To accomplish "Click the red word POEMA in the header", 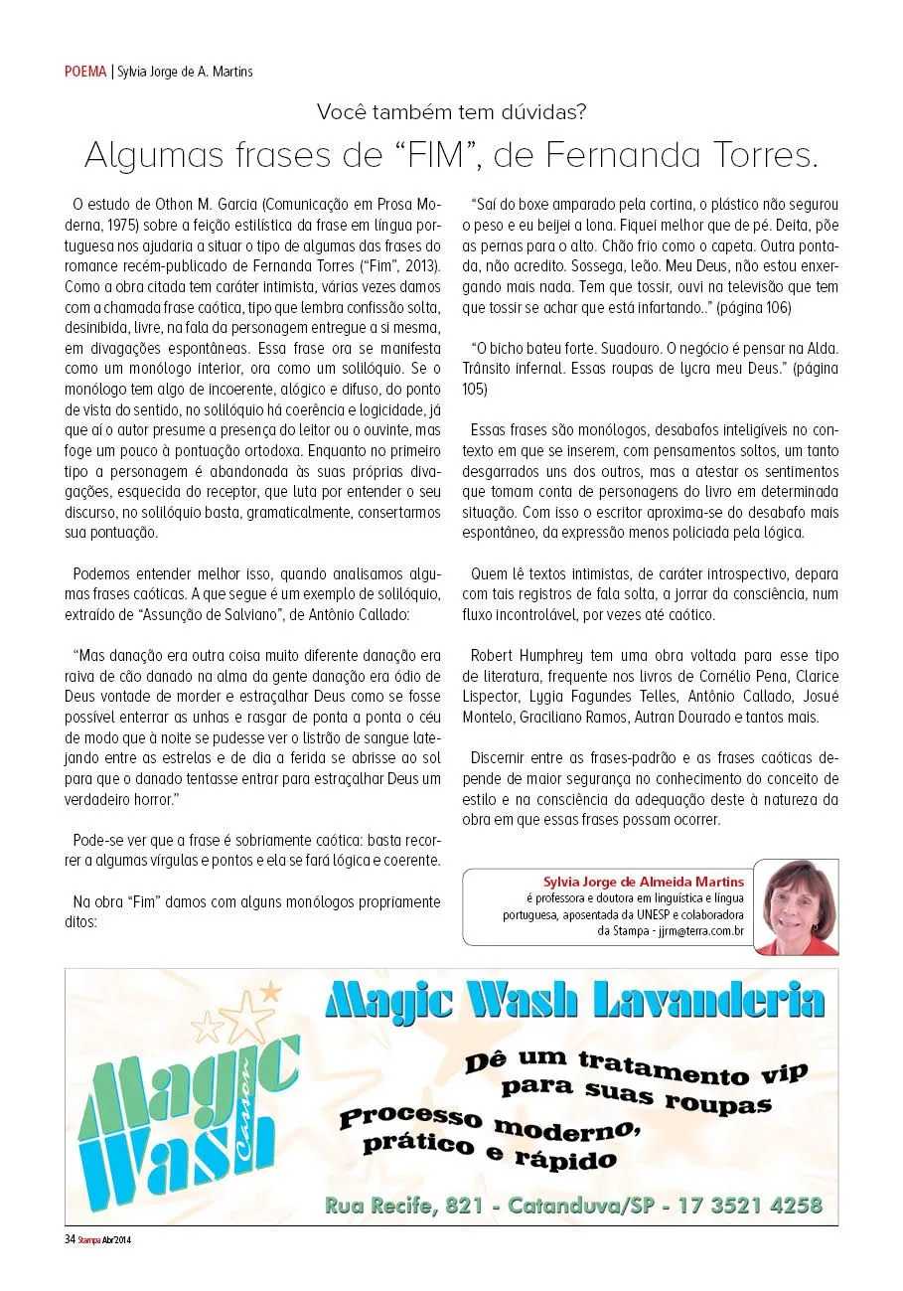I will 85,72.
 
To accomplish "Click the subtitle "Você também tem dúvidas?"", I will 451,112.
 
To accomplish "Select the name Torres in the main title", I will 756,156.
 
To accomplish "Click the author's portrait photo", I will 797,906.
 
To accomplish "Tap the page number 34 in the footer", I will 70,1239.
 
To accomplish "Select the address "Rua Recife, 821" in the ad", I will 404,1207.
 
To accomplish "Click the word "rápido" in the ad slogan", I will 564,1159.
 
